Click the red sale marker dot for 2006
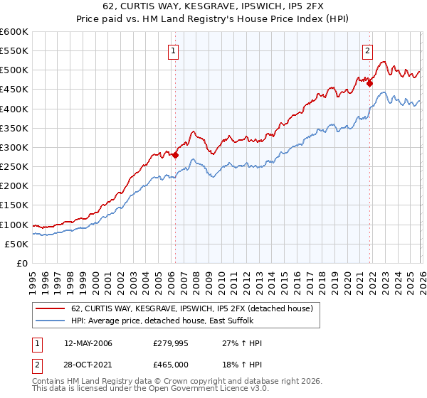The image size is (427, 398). point(175,155)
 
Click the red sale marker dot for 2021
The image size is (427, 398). point(370,83)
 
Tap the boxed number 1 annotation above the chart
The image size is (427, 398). point(174,50)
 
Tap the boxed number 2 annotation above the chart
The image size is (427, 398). point(368,50)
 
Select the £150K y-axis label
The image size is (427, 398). point(14,205)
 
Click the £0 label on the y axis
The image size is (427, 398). point(21,263)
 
